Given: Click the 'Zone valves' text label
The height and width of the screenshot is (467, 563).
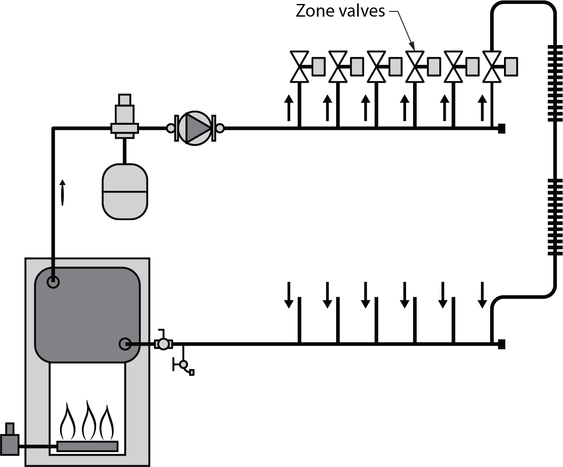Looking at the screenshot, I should click(340, 11).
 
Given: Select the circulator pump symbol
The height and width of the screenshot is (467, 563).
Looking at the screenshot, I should click(195, 128).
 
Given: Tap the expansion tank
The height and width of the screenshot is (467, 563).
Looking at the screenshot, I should click(125, 192).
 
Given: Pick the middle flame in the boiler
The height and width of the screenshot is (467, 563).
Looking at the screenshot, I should click(89, 419).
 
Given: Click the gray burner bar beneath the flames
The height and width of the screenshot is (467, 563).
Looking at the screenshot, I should click(87, 446).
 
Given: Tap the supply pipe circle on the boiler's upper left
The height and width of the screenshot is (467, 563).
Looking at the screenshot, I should click(53, 282).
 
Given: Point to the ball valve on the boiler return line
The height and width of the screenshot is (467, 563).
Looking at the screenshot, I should click(163, 344).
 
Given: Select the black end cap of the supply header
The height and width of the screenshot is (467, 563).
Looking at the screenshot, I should click(501, 128).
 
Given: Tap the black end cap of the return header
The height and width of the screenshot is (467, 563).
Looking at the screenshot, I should click(501, 344).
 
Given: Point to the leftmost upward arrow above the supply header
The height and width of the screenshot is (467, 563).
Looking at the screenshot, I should click(288, 108).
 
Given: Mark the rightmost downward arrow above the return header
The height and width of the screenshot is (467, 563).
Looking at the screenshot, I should click(482, 295).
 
